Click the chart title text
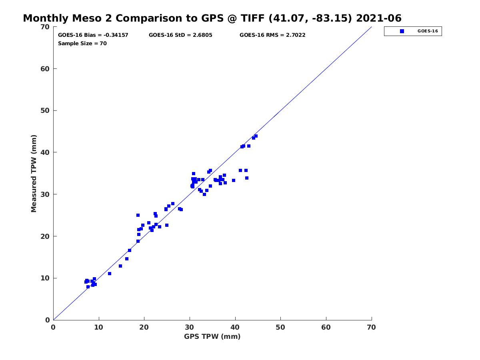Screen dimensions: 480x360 point(212,18)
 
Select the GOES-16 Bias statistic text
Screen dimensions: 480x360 point(93,35)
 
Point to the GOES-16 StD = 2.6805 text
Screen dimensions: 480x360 point(180,35)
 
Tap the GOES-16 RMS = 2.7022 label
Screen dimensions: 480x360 point(272,35)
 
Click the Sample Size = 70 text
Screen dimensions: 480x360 point(82,44)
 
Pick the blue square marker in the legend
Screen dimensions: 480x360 point(402,31)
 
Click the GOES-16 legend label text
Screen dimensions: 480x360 point(428,31)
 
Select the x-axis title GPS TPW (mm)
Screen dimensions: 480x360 point(212,336)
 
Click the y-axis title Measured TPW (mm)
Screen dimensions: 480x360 point(34,173)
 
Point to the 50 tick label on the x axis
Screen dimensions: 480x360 point(280,327)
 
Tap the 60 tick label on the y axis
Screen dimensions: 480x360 point(45,69)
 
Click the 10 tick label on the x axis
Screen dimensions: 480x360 point(98,327)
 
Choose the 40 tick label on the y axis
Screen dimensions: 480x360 point(45,152)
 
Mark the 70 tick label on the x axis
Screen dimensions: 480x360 point(371,327)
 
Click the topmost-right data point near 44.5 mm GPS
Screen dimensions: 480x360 point(256,136)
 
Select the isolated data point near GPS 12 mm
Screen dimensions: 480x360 point(110,274)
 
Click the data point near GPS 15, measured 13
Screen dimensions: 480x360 point(120,266)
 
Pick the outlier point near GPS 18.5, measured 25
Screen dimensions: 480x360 point(138,215)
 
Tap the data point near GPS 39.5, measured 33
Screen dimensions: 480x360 point(233,180)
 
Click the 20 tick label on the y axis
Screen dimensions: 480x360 point(45,236)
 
